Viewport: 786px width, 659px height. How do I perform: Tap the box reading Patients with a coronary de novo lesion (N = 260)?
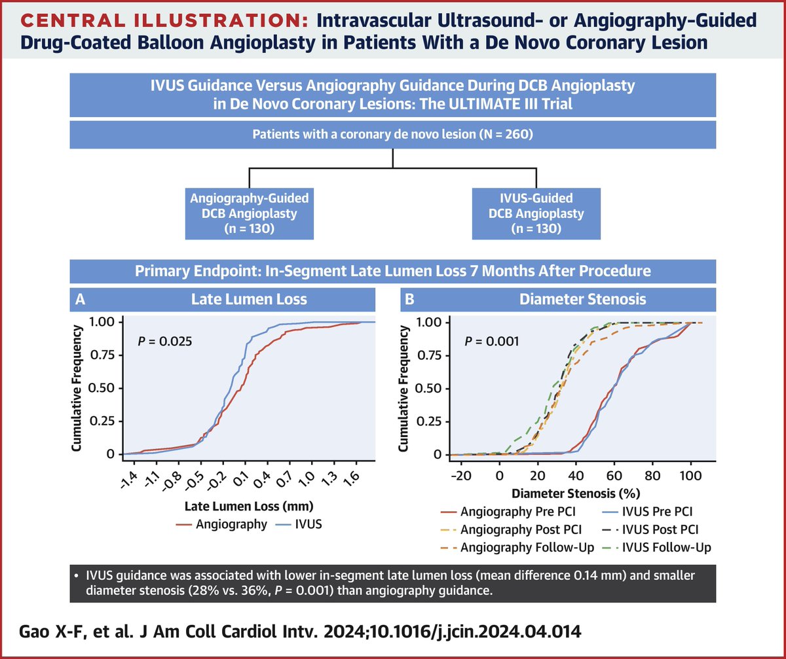392,136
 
